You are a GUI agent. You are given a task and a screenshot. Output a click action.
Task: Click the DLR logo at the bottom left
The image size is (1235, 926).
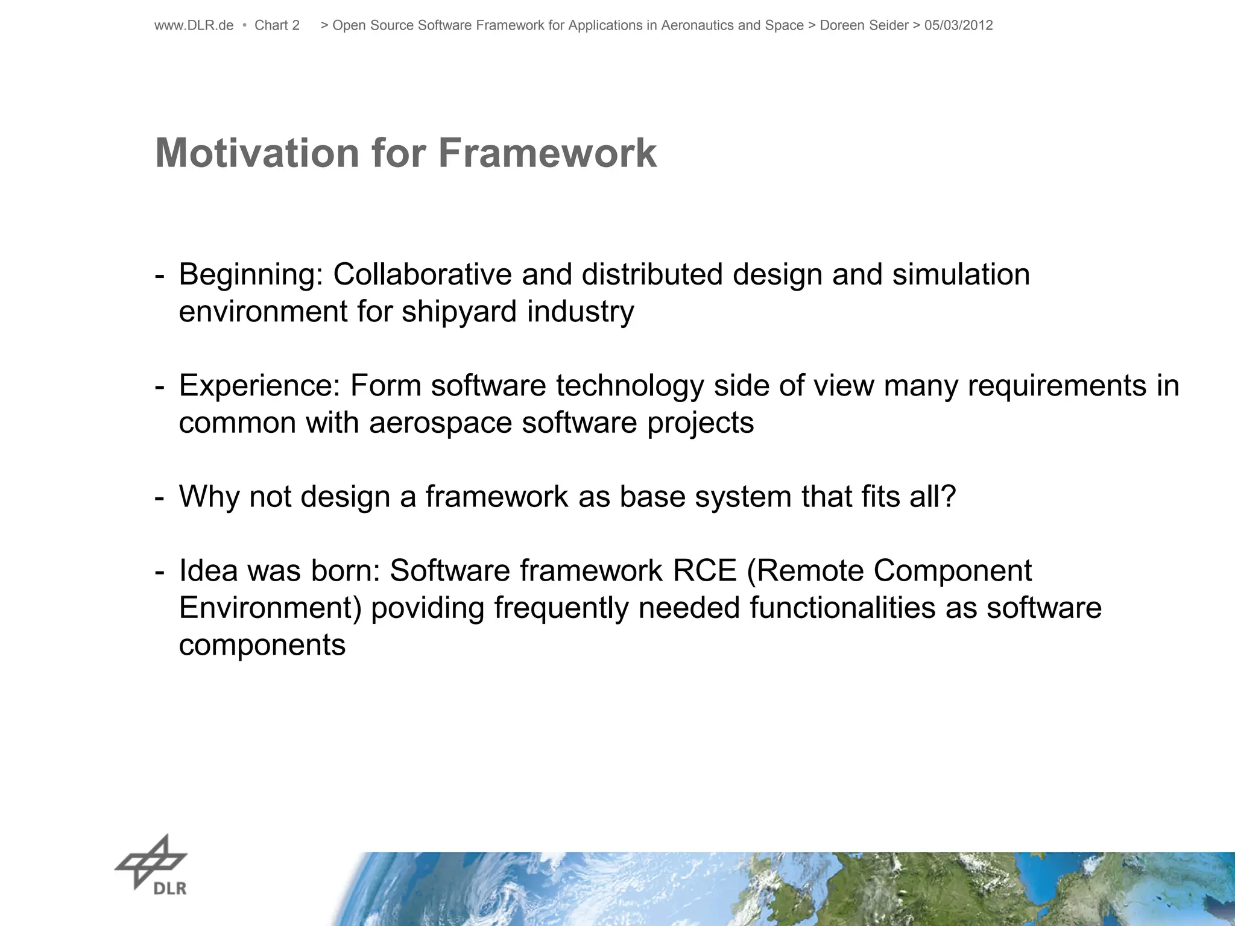point(152,866)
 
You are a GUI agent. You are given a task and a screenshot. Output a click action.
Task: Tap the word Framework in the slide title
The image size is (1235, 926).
point(547,153)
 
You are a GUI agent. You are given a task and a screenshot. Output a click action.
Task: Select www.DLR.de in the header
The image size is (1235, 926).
point(194,25)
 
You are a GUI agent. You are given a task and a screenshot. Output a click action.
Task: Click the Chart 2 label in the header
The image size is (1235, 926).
point(277,25)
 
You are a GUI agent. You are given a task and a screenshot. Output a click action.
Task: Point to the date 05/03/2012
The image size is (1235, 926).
point(958,25)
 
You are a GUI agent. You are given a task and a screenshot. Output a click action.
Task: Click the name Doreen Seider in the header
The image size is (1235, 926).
point(864,25)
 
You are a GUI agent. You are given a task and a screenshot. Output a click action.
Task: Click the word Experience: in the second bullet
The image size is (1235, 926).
point(260,386)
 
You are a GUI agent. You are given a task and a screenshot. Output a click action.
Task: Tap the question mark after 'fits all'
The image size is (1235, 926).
point(948,497)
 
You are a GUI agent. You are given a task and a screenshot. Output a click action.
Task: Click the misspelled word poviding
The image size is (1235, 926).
point(428,608)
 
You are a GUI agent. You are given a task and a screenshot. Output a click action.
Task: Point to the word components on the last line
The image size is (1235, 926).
point(262,645)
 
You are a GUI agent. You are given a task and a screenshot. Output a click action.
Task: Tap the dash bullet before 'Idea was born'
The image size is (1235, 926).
point(159,572)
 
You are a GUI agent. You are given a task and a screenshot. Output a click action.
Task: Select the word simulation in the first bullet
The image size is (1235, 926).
point(961,275)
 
